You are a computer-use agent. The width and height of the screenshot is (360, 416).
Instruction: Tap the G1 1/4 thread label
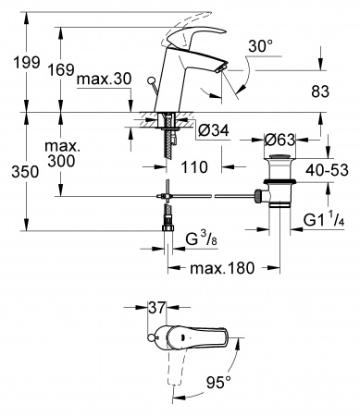click(x=325, y=221)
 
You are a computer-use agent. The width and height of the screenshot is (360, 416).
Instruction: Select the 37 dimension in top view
click(x=159, y=305)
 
